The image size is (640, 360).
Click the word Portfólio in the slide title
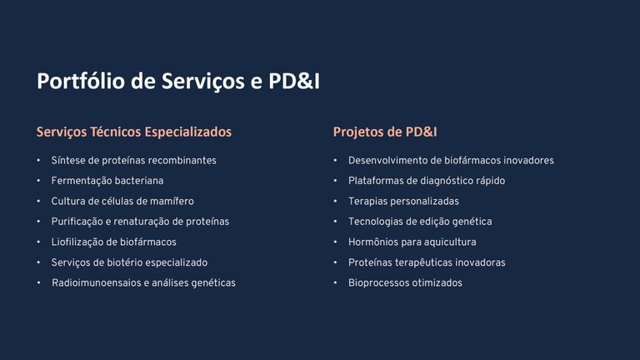click(x=81, y=81)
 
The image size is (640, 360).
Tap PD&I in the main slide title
click(x=294, y=81)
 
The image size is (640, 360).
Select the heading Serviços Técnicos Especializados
click(x=134, y=132)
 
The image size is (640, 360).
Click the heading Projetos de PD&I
click(x=385, y=132)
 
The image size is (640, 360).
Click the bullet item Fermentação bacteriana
click(x=107, y=181)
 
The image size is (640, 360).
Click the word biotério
click(x=125, y=262)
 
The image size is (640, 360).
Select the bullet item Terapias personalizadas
click(x=403, y=201)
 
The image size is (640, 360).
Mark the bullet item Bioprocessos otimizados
click(x=405, y=282)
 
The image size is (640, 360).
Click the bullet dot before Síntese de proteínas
click(x=38, y=160)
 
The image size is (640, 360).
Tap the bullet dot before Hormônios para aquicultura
click(x=335, y=242)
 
